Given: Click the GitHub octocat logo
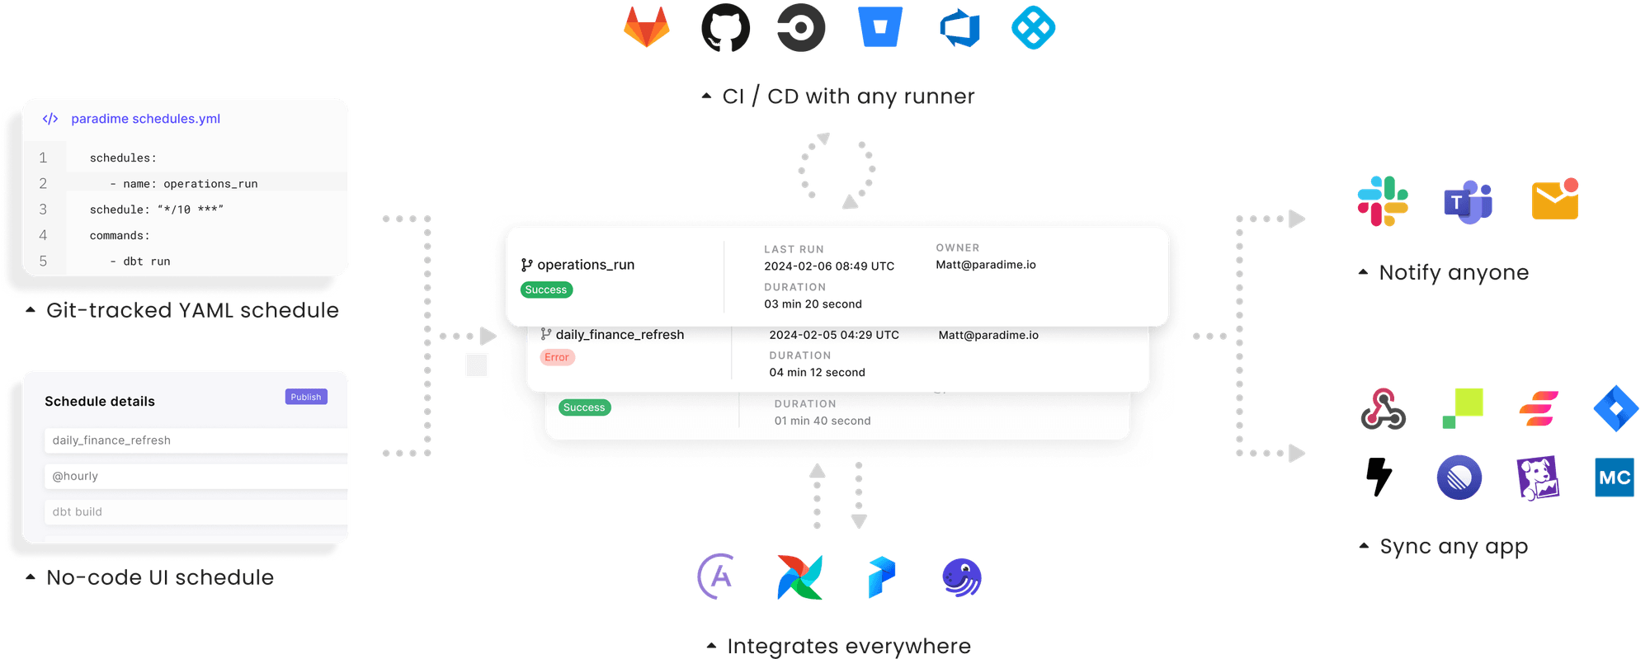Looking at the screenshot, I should click(725, 28).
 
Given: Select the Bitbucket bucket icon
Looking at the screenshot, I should click(879, 27).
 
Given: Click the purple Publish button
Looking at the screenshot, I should click(306, 397).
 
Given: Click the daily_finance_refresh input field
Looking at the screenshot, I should click(196, 440).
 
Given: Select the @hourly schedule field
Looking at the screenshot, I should click(196, 476).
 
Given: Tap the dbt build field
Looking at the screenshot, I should click(196, 511).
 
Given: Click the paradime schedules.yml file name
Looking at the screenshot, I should click(145, 119).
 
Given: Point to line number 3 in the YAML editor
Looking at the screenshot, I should click(43, 209).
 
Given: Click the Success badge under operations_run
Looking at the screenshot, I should click(546, 289).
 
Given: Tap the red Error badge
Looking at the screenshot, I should click(557, 357).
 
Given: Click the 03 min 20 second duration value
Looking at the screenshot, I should click(813, 304).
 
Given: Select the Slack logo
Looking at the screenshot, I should click(1383, 201).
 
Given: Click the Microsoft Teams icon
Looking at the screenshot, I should click(1467, 201).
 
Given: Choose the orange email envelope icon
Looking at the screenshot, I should click(1554, 200).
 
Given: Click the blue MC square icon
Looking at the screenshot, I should click(1614, 477).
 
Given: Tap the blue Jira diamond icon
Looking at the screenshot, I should click(1615, 408).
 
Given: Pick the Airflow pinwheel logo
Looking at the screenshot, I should click(799, 577).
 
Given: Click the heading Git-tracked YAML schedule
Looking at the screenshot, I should click(192, 310).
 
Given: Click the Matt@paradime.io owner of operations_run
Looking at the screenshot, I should click(985, 265).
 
